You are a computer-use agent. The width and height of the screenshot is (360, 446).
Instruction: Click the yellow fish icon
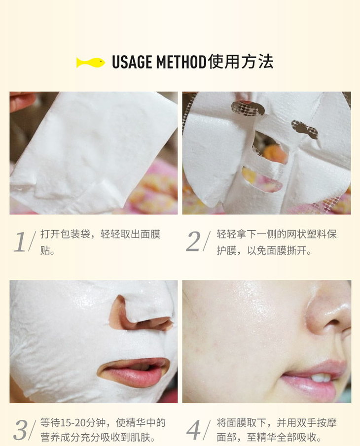[x=91, y=63]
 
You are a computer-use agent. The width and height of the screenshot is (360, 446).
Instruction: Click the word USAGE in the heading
[x=132, y=62]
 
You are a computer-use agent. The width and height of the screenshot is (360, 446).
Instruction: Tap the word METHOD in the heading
[x=181, y=62]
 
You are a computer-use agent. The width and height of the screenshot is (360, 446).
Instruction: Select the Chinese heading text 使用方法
[x=241, y=62]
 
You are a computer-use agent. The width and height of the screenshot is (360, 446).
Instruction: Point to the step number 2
[x=194, y=241]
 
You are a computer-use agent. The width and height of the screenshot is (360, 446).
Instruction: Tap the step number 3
[x=20, y=430]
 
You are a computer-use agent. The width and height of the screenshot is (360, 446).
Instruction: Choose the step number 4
[x=194, y=430]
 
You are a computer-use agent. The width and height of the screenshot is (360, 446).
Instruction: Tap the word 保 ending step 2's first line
[x=331, y=234]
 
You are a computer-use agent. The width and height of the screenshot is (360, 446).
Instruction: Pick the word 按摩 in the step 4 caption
[x=326, y=423]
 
